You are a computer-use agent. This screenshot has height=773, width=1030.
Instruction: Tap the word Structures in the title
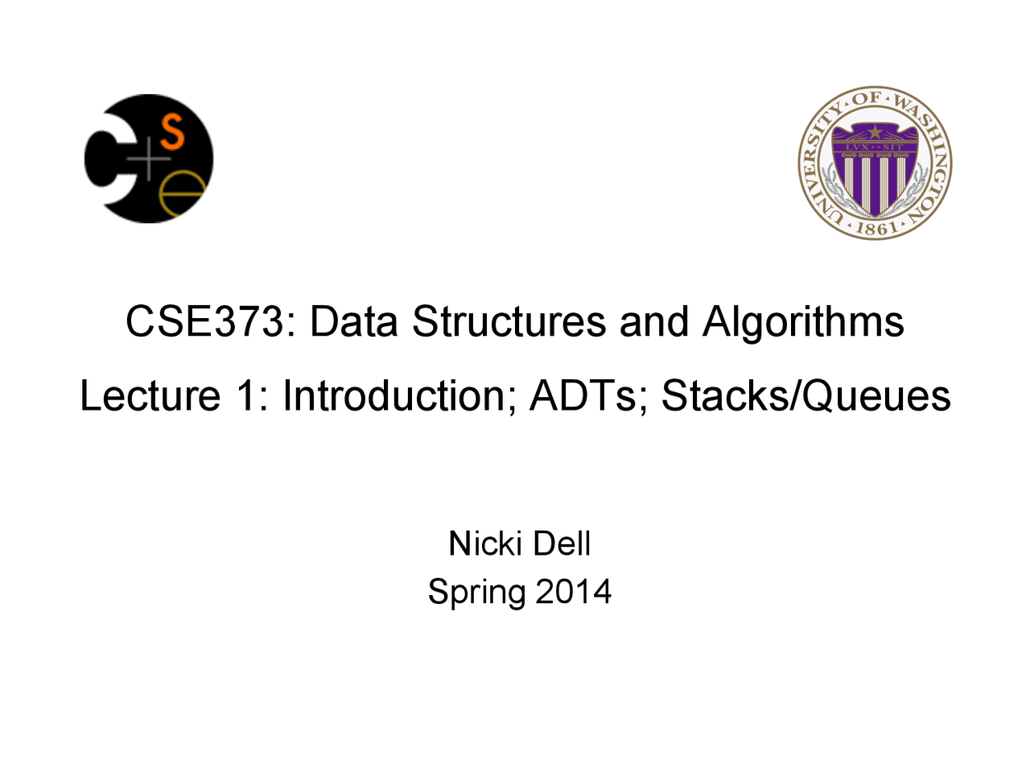(x=509, y=321)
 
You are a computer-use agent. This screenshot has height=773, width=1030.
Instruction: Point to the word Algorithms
(x=803, y=323)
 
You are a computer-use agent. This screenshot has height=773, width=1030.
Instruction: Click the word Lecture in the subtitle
(x=150, y=395)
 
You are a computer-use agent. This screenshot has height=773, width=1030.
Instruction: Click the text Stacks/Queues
(x=805, y=396)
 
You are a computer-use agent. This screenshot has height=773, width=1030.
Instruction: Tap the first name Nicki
(x=486, y=544)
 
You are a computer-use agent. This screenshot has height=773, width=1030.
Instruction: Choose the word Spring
(x=476, y=593)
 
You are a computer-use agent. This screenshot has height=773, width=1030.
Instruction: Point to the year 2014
(x=574, y=591)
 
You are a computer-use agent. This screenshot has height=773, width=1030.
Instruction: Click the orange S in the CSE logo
(x=172, y=133)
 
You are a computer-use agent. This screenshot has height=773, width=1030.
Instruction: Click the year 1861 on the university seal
(x=875, y=227)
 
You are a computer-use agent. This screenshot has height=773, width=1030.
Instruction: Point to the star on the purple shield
(x=875, y=131)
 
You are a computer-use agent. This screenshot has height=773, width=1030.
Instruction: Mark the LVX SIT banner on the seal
(x=875, y=147)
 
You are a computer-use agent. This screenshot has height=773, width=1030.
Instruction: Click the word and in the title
(x=654, y=321)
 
